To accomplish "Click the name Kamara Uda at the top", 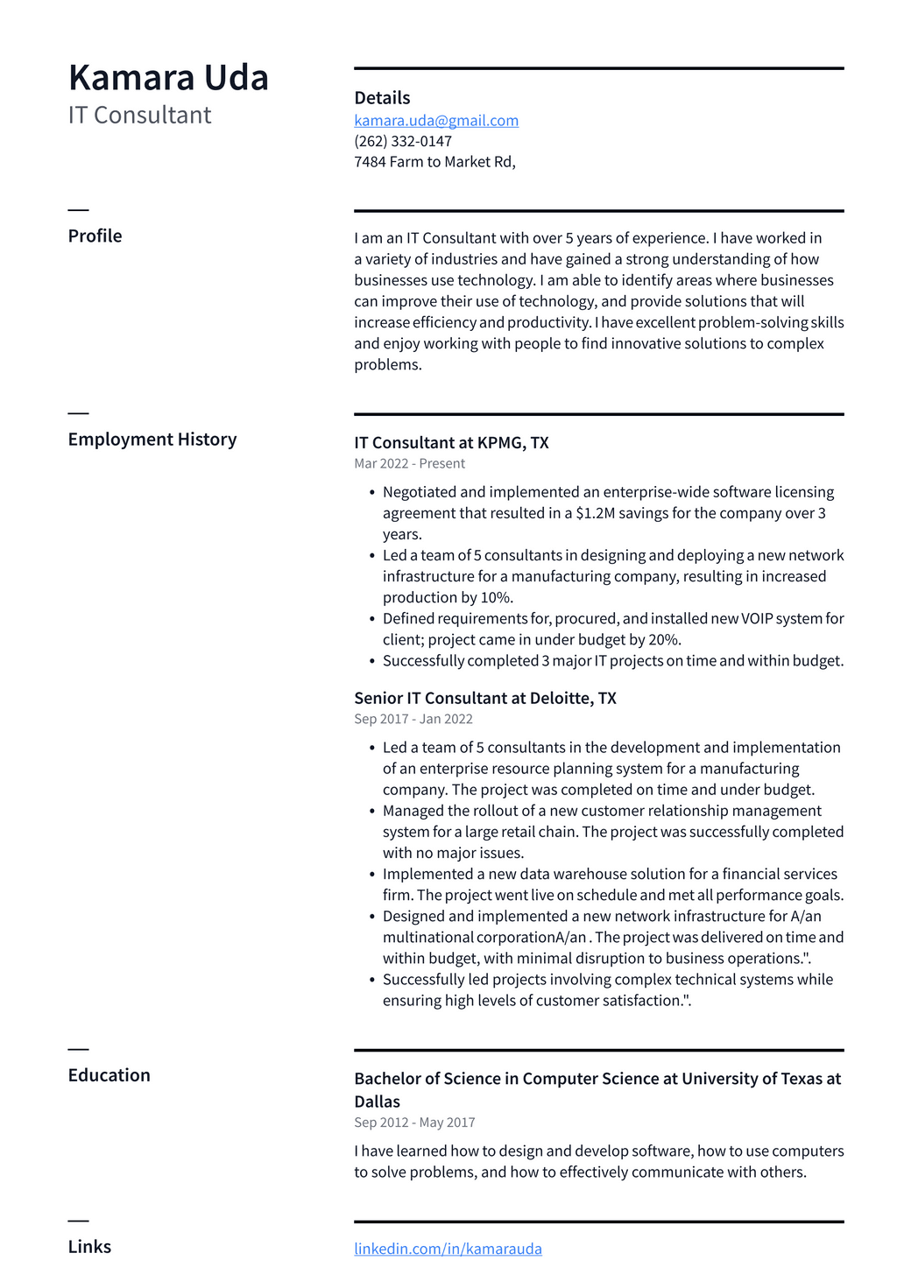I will (x=168, y=78).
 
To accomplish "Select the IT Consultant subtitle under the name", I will (x=139, y=116).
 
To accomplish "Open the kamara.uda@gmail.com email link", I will (x=436, y=121).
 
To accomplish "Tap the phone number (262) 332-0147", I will (x=403, y=141).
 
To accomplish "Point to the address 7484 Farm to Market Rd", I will (x=434, y=162).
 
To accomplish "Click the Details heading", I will (x=382, y=98).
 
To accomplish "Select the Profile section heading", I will (x=95, y=236).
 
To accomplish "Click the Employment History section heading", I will (x=152, y=440).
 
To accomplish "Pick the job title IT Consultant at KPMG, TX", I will (x=451, y=443).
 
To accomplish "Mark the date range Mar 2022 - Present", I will (x=409, y=464).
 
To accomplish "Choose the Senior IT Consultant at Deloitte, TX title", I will (x=485, y=699).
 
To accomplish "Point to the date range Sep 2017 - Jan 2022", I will (x=413, y=720).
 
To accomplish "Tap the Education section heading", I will (x=109, y=1075).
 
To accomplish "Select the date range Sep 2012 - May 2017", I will (x=414, y=1123).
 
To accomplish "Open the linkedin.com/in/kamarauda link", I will (x=448, y=1249).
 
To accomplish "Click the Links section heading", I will (x=89, y=1247).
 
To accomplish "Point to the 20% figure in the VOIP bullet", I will (x=665, y=640).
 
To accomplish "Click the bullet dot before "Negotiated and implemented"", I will (x=372, y=493).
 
